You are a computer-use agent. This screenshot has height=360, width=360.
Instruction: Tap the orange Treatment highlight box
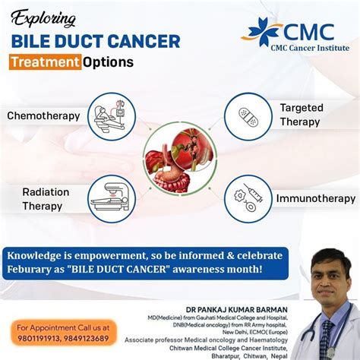(45, 62)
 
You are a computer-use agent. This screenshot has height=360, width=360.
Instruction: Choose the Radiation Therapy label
(46, 198)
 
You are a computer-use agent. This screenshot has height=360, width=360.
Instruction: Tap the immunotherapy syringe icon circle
(248, 197)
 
